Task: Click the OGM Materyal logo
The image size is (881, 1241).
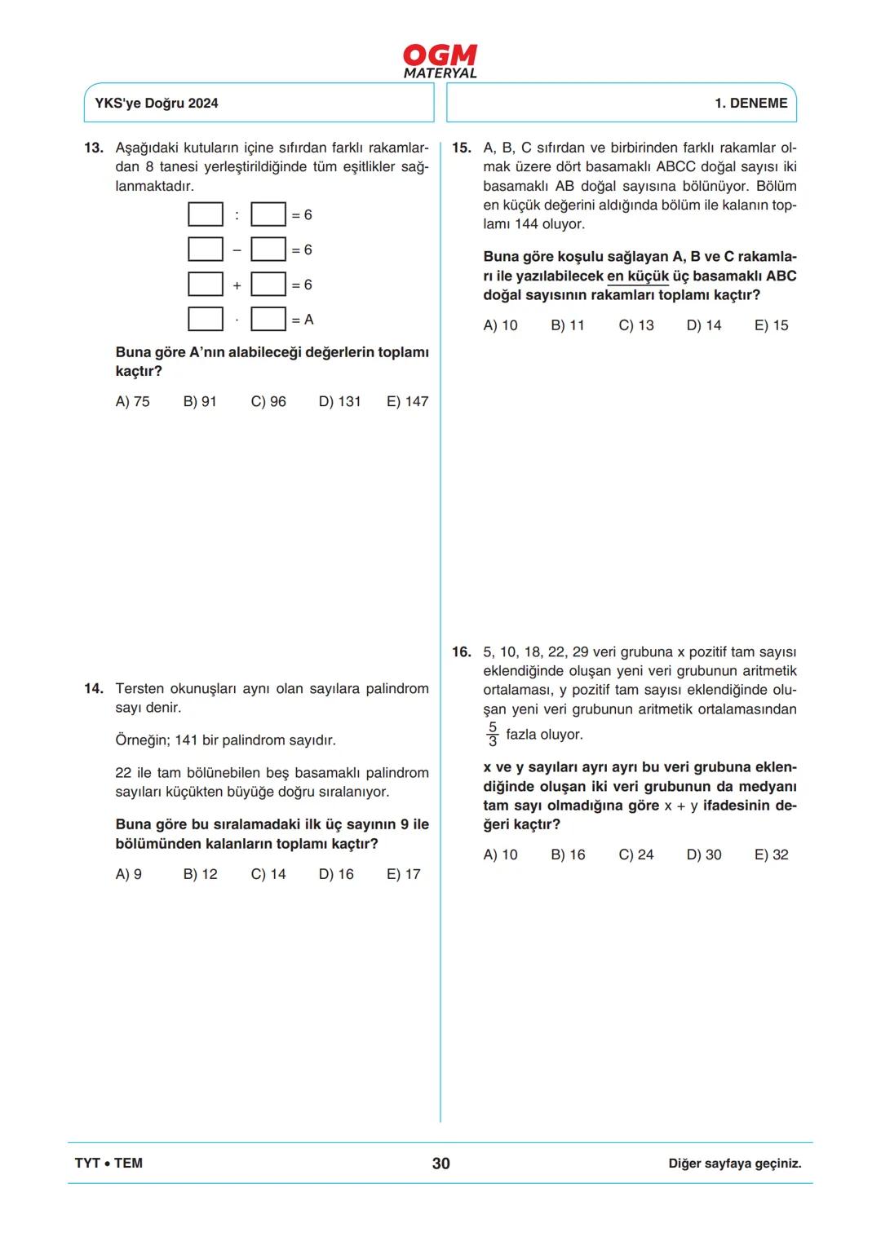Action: pos(440,61)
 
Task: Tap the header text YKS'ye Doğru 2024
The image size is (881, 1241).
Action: pos(157,104)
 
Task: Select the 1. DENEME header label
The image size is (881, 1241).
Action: pos(750,104)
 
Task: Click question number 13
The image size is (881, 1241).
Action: pos(94,148)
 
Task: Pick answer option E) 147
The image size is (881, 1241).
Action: pos(407,402)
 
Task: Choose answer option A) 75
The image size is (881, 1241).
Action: pos(133,402)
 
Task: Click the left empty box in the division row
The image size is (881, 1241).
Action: pos(206,214)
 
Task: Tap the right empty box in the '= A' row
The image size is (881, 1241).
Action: pos(268,319)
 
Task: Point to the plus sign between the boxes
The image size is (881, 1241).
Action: pos(237,285)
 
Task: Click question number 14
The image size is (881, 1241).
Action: pos(94,689)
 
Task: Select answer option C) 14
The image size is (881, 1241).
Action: pos(268,875)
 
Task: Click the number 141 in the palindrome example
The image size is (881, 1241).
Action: pos(186,740)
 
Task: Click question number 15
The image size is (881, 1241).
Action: pos(462,148)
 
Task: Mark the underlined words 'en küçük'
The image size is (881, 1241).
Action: pos(637,276)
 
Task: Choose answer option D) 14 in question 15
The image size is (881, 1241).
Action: pos(704,325)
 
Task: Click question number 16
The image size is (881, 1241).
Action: pos(462,652)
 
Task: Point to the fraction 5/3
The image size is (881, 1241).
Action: pos(493,735)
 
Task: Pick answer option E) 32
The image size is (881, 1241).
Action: pos(772,855)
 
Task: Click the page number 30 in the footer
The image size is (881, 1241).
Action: pos(440,1164)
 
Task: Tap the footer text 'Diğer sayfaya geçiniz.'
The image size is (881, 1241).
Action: pos(734,1164)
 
